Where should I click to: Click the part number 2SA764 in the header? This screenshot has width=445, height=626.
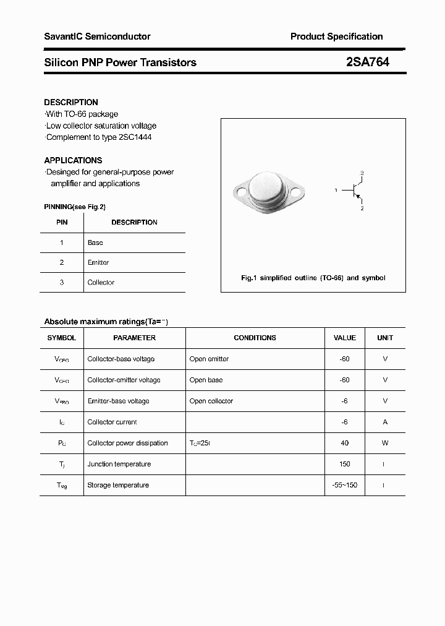pyautogui.click(x=368, y=62)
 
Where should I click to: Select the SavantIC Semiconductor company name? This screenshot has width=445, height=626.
pyautogui.click(x=97, y=36)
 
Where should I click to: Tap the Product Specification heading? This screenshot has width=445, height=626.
pyautogui.click(x=336, y=36)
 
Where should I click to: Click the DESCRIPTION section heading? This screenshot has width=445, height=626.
pyautogui.click(x=71, y=102)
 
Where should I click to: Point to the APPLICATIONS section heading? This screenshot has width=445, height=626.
pyautogui.click(x=73, y=160)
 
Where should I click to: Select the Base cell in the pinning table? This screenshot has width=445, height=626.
pyautogui.click(x=95, y=243)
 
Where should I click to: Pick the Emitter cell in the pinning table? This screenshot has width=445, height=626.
pyautogui.click(x=98, y=263)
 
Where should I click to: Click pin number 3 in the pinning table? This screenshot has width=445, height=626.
pyautogui.click(x=61, y=283)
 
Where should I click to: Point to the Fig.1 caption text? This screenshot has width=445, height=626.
pyautogui.click(x=313, y=278)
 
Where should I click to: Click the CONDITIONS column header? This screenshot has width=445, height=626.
pyautogui.click(x=255, y=338)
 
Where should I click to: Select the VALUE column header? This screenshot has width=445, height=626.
pyautogui.click(x=344, y=338)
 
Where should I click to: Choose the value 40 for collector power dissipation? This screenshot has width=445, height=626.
pyautogui.click(x=344, y=443)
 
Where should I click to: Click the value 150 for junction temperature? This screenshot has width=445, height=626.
pyautogui.click(x=344, y=464)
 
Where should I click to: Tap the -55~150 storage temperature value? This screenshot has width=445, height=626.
pyautogui.click(x=344, y=485)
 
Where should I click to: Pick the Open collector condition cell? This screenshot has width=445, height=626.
pyautogui.click(x=211, y=401)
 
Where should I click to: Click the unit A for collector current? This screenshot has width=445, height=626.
pyautogui.click(x=385, y=422)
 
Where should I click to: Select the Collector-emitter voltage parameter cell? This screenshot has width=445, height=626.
pyautogui.click(x=124, y=380)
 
